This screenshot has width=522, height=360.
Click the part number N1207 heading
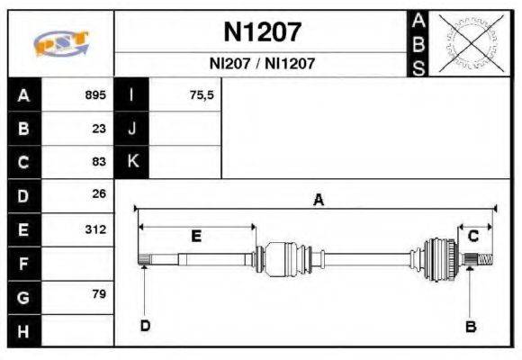(x=262, y=33)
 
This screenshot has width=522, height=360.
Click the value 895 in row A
(x=95, y=94)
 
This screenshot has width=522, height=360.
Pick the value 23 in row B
(x=99, y=128)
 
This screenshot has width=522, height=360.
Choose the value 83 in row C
(x=99, y=162)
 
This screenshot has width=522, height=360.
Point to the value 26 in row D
(x=99, y=193)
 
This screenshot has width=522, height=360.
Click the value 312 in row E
(x=95, y=229)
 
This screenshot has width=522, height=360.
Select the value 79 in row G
(x=99, y=294)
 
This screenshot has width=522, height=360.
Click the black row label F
(x=23, y=264)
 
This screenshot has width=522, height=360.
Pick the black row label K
(x=131, y=162)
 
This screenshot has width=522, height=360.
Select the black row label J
(x=131, y=128)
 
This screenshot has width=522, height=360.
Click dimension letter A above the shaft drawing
(x=318, y=201)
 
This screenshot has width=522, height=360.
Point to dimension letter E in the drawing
(x=196, y=237)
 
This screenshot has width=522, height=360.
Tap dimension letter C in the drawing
(x=473, y=236)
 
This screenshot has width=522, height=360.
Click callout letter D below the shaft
(x=145, y=325)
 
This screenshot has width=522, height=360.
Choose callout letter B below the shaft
(x=470, y=327)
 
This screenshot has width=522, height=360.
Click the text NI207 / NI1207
(x=262, y=64)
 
